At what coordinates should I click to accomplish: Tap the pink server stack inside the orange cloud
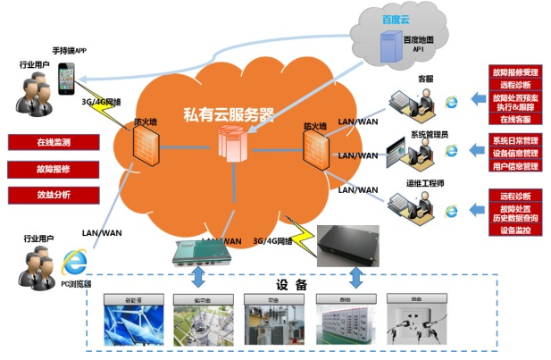pos(231,146)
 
